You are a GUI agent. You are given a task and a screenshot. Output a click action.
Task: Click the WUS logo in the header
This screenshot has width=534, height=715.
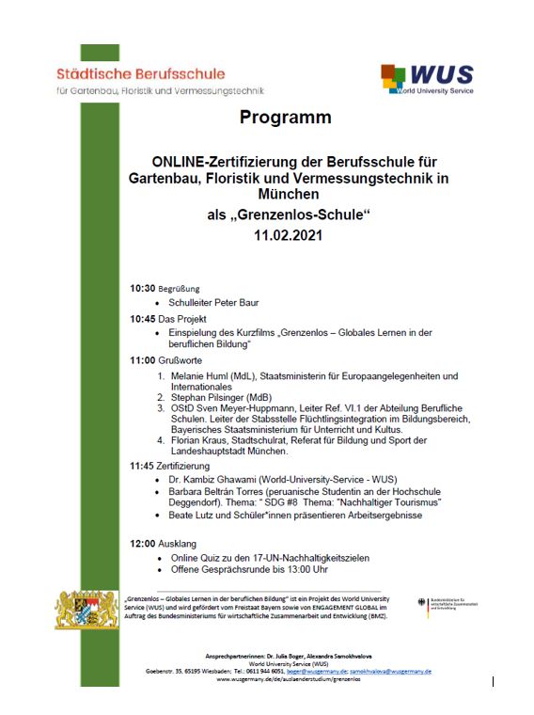click(427, 79)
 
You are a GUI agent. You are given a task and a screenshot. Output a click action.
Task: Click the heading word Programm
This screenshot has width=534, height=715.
click(285, 119)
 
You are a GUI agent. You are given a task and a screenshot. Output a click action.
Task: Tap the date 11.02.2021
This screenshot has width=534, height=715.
click(287, 235)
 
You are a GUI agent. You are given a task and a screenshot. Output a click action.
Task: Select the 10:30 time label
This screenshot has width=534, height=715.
click(142, 288)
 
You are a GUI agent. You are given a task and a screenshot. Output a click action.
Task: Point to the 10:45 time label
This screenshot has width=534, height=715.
click(142, 320)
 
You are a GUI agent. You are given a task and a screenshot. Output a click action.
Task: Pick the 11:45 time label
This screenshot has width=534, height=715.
click(142, 466)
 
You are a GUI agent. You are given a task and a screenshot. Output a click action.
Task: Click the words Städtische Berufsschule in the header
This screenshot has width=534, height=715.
click(140, 73)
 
